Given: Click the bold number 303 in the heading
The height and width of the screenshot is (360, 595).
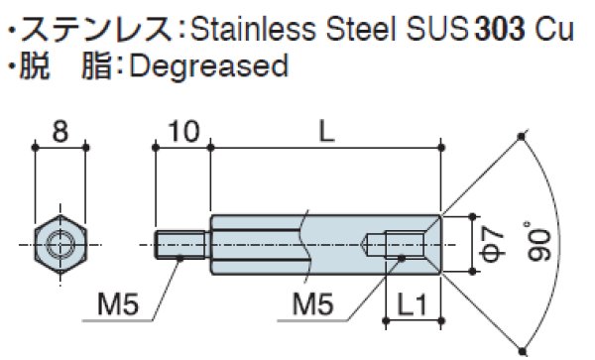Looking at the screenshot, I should point(502,28).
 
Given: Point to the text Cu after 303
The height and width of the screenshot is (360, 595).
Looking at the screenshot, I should point(554,28).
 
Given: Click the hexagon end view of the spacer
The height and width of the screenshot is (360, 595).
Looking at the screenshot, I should point(61,242).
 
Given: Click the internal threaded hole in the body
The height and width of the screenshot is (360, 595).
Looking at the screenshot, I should point(401,243).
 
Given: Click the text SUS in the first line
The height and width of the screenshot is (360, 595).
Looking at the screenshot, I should point(433,28).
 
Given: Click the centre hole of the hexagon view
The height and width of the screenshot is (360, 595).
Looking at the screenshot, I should point(61,242).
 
